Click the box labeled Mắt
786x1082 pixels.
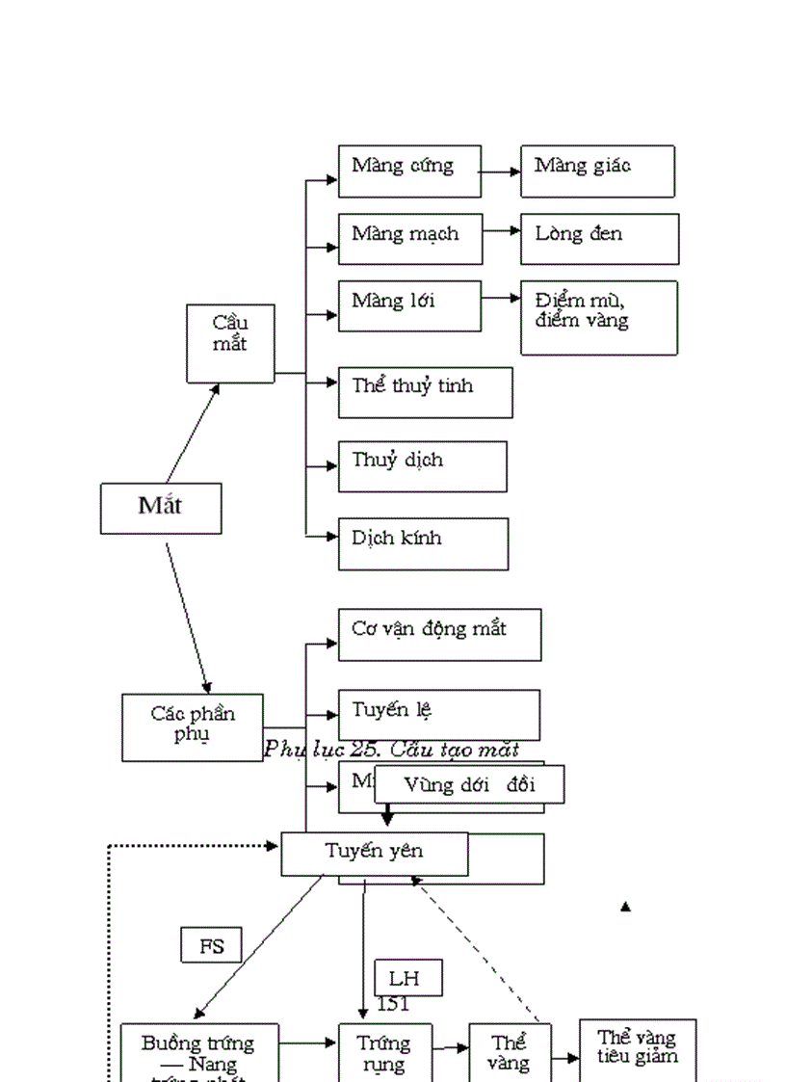tap(161, 508)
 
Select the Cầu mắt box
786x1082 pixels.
tap(230, 344)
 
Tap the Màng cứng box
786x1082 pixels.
tap(409, 172)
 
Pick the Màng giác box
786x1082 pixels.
tap(597, 172)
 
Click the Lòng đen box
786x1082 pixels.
tap(599, 239)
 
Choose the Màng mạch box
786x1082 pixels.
tap(409, 239)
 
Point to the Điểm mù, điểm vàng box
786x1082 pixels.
tap(598, 318)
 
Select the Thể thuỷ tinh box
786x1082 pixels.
tap(425, 391)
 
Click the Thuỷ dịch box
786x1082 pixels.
tap(422, 466)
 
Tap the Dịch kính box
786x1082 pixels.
tap(423, 543)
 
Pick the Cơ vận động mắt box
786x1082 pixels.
tap(439, 634)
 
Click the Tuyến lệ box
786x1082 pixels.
tap(438, 714)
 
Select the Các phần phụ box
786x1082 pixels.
tap(193, 727)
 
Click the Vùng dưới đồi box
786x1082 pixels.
tap(469, 784)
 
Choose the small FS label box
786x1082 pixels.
tap(211, 945)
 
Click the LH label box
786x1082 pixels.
tap(408, 978)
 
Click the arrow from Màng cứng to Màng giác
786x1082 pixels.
tap(500, 173)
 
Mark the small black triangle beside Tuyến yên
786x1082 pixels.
tap(625, 907)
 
